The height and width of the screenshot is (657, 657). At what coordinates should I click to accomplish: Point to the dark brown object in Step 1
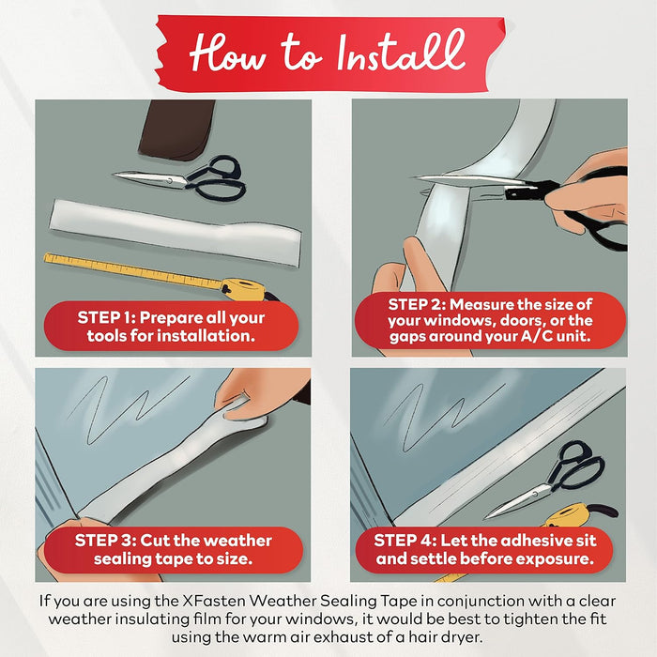point(176,130)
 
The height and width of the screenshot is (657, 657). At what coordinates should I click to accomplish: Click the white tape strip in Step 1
point(176,232)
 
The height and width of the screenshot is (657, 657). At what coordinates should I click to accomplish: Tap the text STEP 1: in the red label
point(105,317)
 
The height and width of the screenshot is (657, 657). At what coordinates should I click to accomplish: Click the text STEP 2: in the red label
point(416,304)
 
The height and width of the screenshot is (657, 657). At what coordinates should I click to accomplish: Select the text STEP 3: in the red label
point(105,541)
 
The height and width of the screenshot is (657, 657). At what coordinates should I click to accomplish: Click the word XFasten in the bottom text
point(214,601)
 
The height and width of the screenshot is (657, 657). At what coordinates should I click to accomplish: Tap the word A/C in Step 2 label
point(537,336)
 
